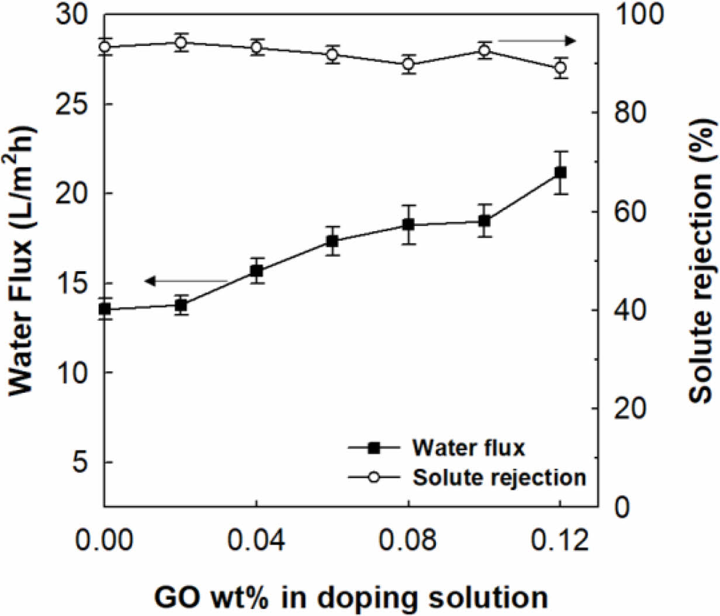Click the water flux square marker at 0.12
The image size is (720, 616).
pos(560,172)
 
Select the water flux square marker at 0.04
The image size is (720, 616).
pos(257,271)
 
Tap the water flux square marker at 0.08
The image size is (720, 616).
pos(409,224)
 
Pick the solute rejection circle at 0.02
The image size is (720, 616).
pos(181,42)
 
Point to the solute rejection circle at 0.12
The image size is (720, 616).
pos(560,67)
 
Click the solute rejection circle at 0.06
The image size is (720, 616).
pos(333,54)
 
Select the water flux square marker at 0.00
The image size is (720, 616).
pos(105,309)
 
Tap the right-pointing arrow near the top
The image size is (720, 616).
pos(536,40)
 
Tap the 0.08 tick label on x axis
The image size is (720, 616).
pos(409,540)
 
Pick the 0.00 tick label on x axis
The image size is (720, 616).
pos(105,540)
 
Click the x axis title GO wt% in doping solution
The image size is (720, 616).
pos(351,597)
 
